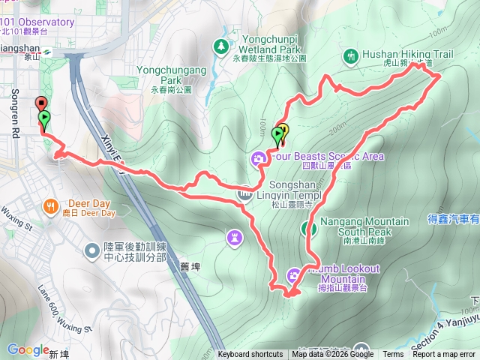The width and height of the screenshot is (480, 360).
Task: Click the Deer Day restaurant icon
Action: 51,205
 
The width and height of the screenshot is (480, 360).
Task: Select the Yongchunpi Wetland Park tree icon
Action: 221,47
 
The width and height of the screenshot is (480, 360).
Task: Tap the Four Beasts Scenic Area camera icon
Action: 259,157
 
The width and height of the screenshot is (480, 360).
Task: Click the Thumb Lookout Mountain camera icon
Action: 294,274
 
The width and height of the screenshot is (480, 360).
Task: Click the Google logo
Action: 28,349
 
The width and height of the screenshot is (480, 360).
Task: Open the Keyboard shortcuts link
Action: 250,355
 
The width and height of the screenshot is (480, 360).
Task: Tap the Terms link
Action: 393,355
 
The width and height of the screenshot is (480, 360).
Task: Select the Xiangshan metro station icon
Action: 46,52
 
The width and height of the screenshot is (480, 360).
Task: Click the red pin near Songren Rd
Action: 40,104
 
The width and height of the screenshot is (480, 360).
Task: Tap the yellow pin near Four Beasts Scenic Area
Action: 283,130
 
